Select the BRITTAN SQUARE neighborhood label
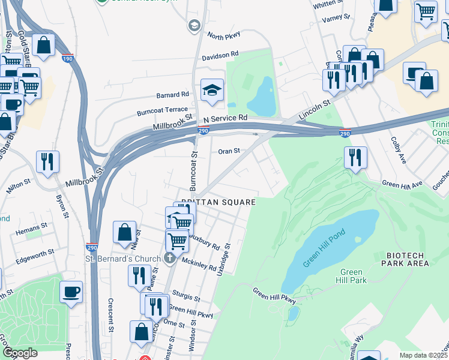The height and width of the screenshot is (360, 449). (x=218, y=203)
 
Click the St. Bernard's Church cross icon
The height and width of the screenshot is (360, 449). (x=170, y=259)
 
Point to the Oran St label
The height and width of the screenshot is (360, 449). (x=229, y=151)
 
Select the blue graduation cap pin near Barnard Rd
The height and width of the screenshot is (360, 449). (x=211, y=91)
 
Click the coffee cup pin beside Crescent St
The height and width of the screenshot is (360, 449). (x=71, y=292)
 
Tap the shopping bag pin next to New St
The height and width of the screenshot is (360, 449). (x=124, y=232)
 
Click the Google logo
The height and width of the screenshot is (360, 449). (x=20, y=353)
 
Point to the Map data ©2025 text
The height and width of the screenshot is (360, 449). (x=423, y=355)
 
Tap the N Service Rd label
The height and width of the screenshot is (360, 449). (x=225, y=118)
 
